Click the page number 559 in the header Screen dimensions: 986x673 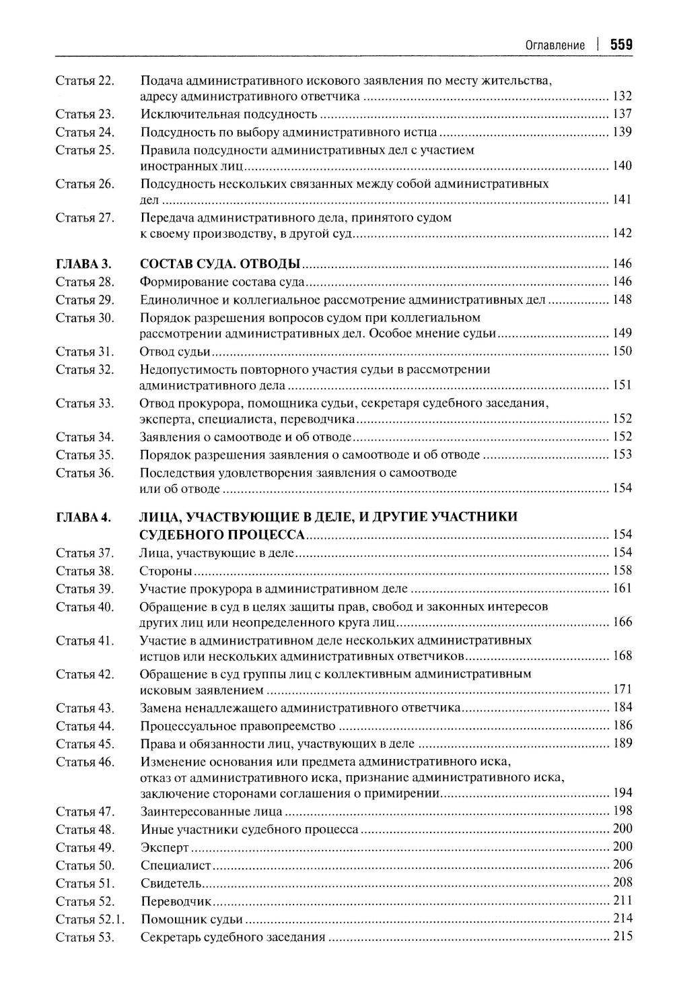click(621, 45)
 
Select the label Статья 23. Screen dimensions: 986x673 click(85, 114)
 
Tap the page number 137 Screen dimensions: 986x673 click(622, 114)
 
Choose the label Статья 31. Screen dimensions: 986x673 click(85, 352)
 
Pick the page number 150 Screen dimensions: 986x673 click(622, 351)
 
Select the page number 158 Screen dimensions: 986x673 click(622, 570)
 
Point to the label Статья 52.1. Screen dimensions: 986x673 click(90, 919)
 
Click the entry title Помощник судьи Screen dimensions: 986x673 click(192, 919)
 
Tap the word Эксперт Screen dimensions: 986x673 click(165, 848)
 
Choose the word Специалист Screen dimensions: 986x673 click(176, 865)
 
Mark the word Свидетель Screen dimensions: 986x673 click(172, 884)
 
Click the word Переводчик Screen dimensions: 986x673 click(176, 901)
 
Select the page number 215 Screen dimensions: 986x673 click(622, 936)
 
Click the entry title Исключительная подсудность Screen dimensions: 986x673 click(229, 114)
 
